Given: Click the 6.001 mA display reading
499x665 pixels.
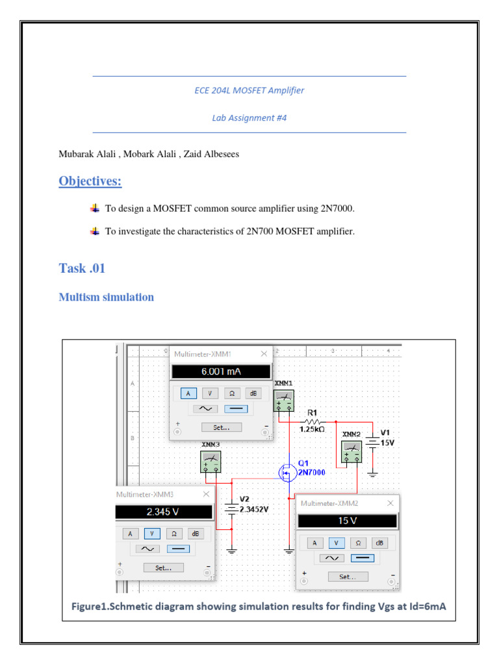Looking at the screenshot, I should pyautogui.click(x=220, y=372).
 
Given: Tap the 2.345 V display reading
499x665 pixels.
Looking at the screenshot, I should pyautogui.click(x=164, y=512).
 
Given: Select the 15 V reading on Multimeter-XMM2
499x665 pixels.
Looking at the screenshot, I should pyautogui.click(x=347, y=521).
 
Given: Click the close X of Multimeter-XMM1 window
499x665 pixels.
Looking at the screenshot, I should pyautogui.click(x=264, y=354).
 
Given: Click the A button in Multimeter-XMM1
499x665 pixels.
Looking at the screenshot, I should pyautogui.click(x=188, y=394).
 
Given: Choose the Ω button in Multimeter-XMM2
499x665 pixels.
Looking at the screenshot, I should pyautogui.click(x=357, y=542).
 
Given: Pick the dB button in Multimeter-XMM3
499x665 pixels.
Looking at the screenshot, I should pyautogui.click(x=194, y=533).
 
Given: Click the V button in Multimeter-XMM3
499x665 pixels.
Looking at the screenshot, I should pyautogui.click(x=151, y=533).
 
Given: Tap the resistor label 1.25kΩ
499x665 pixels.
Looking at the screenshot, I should pyautogui.click(x=312, y=429).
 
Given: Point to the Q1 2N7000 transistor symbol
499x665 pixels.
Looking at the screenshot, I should pyautogui.click(x=287, y=473).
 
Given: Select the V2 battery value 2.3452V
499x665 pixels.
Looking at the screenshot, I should pyautogui.click(x=253, y=510).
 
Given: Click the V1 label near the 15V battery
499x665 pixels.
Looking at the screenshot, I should pyautogui.click(x=385, y=432).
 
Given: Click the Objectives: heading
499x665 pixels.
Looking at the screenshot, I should pyautogui.click(x=90, y=181).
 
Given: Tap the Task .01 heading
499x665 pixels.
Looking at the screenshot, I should pyautogui.click(x=82, y=269).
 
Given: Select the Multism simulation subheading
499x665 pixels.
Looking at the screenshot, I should pyautogui.click(x=106, y=297).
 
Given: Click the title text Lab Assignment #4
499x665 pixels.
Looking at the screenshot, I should pyautogui.click(x=249, y=118).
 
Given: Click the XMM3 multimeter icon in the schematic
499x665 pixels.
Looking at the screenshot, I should pyautogui.click(x=211, y=461).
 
